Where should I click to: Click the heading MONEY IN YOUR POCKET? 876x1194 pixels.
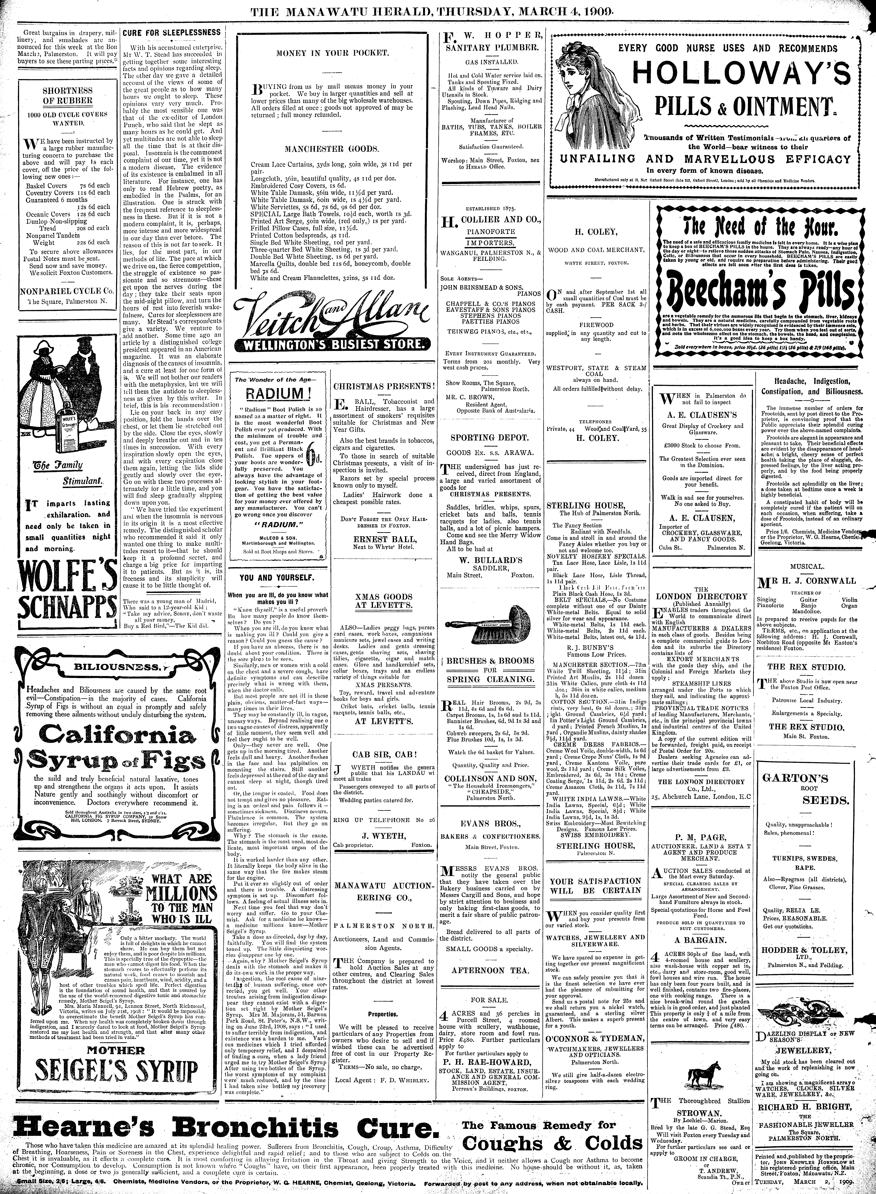coord(333,54)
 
